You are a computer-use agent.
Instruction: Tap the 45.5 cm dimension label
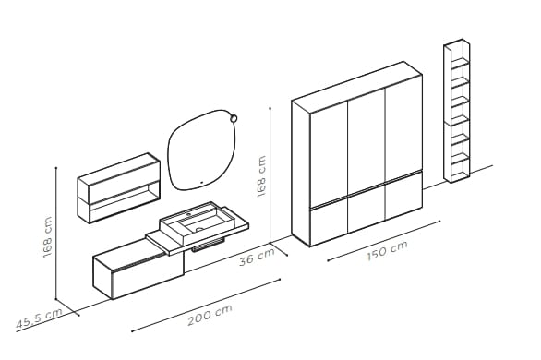click(x=38, y=319)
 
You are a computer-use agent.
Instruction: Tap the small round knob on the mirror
click(x=234, y=117)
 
